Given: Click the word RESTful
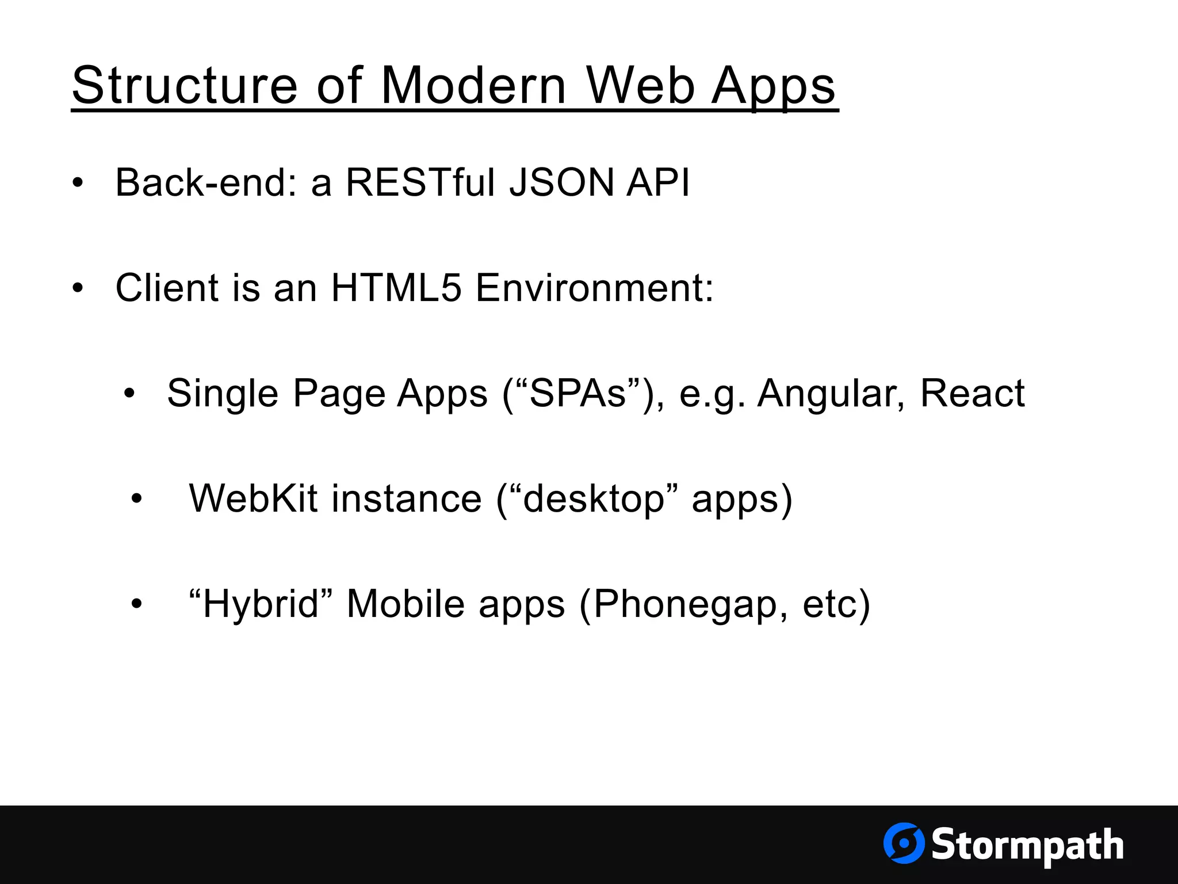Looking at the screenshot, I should [x=420, y=182].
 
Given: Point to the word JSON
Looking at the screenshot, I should [x=561, y=182].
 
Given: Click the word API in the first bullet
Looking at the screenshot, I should [x=657, y=182].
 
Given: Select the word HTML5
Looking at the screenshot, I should [x=396, y=287].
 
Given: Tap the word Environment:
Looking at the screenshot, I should [x=594, y=287].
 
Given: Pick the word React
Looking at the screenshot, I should [x=972, y=394].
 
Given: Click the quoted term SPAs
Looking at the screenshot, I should [x=577, y=394].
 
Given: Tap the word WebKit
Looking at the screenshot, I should [x=253, y=498].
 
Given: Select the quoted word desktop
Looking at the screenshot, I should [x=594, y=500].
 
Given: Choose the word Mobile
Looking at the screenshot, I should [x=405, y=604].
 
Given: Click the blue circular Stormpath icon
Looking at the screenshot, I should [x=904, y=843].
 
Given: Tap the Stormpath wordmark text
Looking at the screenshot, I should [x=1027, y=845].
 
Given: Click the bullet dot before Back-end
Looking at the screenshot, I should [x=78, y=184].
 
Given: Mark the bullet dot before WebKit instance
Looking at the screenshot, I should [x=136, y=500].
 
